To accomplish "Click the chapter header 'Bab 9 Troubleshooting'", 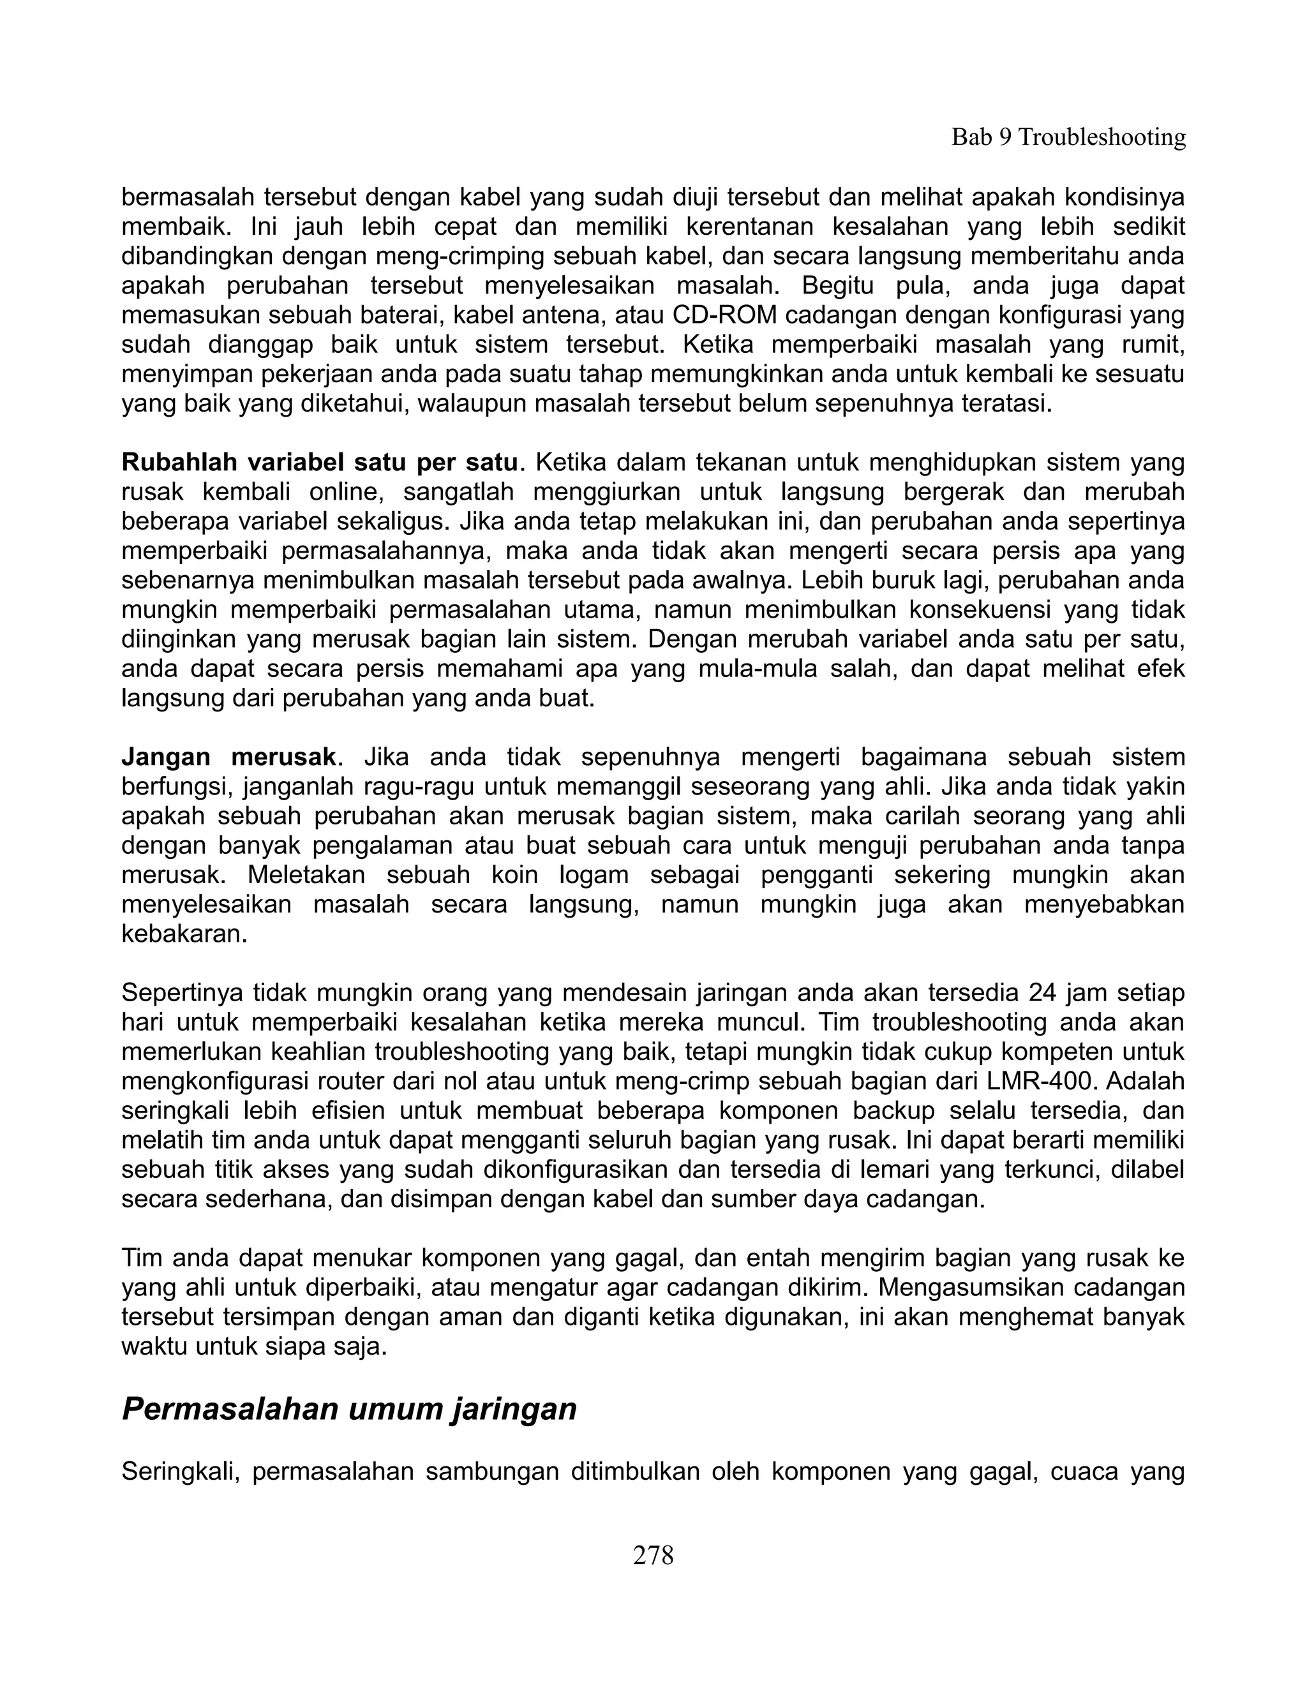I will pyautogui.click(x=1068, y=138).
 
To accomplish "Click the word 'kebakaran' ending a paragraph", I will pyautogui.click(x=184, y=934).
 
